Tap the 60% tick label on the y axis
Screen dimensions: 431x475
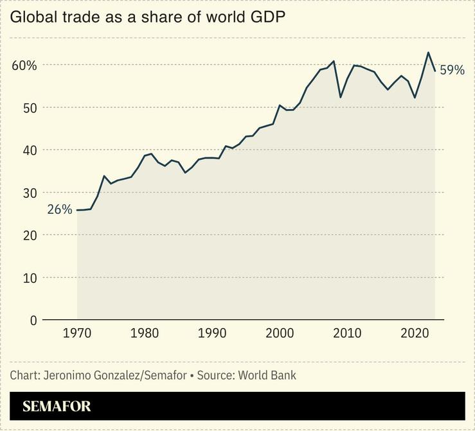coord(24,66)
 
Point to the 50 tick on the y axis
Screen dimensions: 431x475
coord(28,108)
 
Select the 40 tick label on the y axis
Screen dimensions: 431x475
coord(28,150)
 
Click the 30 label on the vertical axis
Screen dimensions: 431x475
coord(28,193)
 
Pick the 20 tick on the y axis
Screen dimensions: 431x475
coord(28,235)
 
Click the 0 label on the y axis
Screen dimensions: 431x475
coord(33,320)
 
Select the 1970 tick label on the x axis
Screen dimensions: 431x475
coord(77,334)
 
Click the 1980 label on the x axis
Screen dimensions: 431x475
coord(145,334)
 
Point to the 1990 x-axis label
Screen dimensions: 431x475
coord(212,334)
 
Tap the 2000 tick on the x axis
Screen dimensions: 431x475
coord(280,334)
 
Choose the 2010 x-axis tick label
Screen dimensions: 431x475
coord(347,334)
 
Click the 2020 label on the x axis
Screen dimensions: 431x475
coord(415,334)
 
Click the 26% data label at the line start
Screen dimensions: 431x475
coord(59,209)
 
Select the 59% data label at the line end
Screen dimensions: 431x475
coord(452,70)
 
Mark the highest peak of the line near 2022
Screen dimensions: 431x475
coord(428,53)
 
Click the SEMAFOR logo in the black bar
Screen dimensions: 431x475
coord(57,406)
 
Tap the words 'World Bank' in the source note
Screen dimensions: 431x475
coord(267,375)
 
